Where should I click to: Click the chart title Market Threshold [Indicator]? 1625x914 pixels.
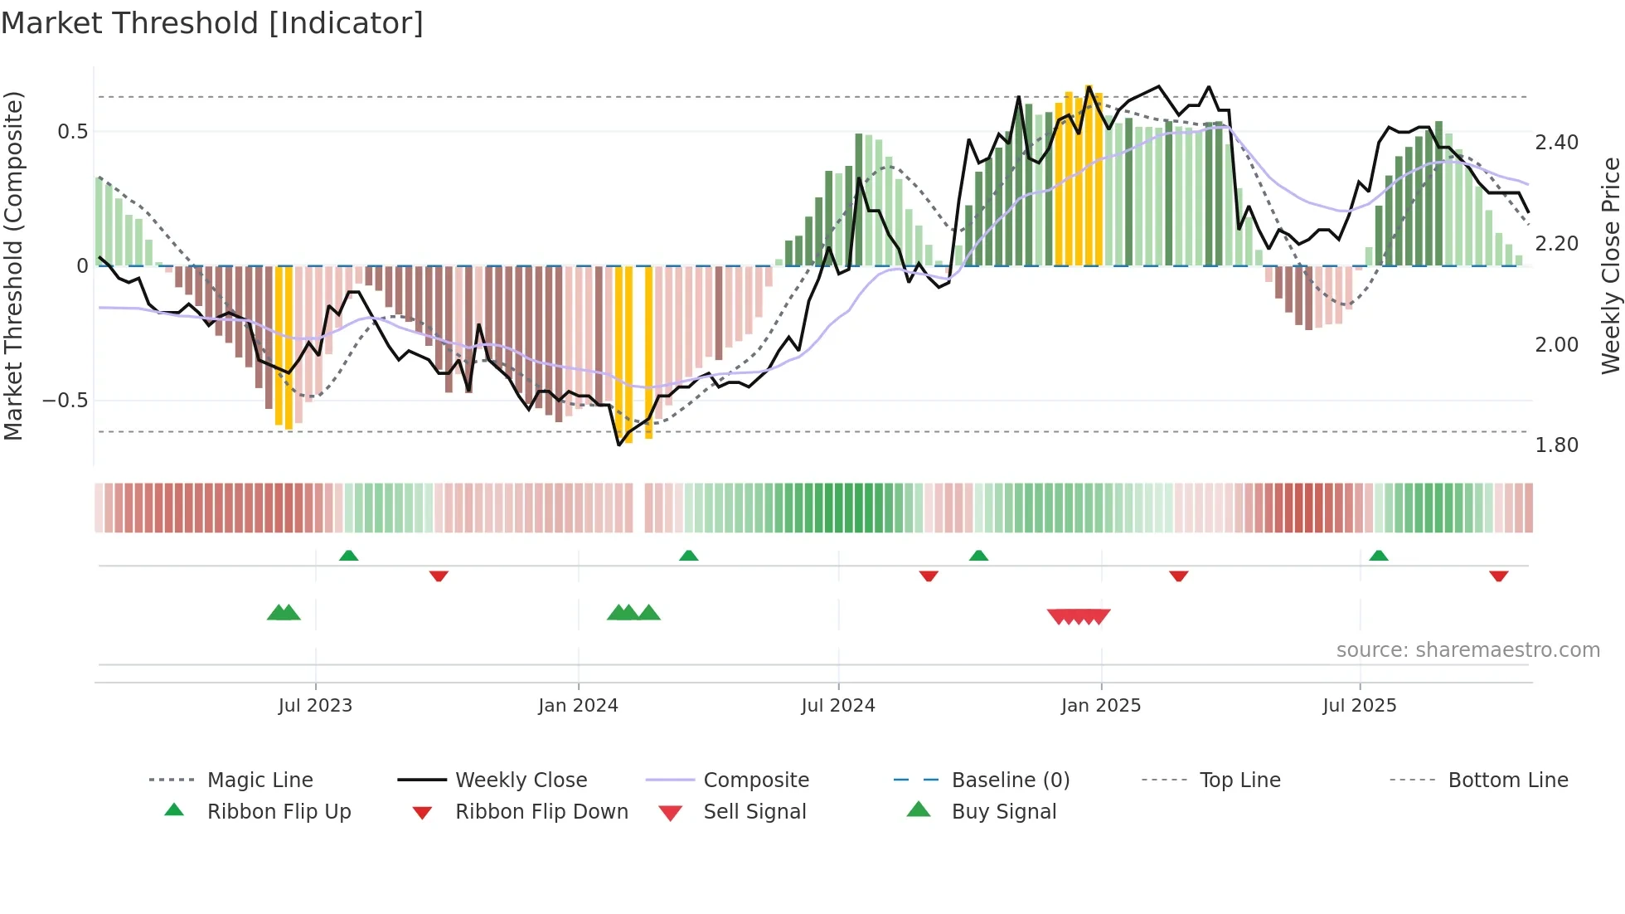tap(212, 23)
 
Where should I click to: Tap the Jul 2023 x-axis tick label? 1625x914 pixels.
tap(315, 706)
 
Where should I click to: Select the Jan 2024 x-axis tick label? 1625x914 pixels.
tap(578, 706)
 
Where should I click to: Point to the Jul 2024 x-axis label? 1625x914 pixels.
tap(838, 706)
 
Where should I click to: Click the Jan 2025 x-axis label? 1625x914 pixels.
tap(1101, 706)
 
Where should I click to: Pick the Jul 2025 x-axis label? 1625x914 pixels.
tap(1360, 706)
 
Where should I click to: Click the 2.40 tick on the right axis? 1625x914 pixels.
tap(1556, 143)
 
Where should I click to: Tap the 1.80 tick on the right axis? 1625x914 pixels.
tap(1556, 445)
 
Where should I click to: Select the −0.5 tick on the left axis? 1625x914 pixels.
tap(65, 401)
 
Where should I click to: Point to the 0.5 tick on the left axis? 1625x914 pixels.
tap(72, 132)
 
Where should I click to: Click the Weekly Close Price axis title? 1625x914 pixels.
tap(1610, 265)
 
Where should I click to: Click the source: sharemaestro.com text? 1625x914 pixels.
tap(1467, 650)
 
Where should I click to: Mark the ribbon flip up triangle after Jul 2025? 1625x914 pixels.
tap(1379, 556)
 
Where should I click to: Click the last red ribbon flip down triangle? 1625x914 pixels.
tap(1498, 576)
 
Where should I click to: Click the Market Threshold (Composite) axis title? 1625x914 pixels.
tap(13, 265)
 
